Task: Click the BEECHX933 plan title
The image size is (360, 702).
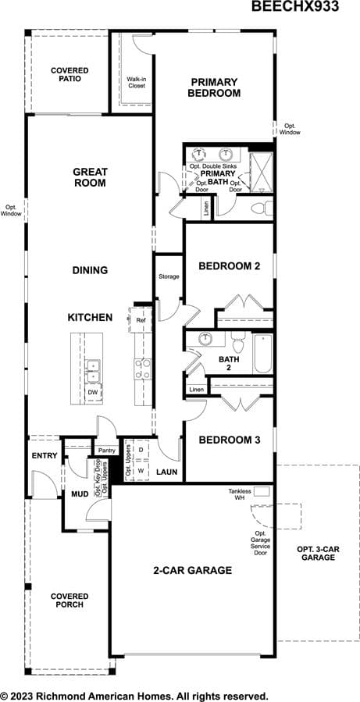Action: coord(294,6)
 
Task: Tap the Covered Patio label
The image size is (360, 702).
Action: coord(70,74)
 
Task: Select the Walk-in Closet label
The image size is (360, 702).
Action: coord(137,82)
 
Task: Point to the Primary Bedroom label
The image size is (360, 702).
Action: coord(214,87)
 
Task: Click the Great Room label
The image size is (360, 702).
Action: coord(90,176)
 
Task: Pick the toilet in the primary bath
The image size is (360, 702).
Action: coord(262,208)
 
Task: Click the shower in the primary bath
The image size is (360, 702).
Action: coord(261,173)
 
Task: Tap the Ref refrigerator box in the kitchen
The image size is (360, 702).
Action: coord(140,320)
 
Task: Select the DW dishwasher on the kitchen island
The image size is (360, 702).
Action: coord(93,392)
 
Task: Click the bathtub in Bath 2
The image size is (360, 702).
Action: coord(262,354)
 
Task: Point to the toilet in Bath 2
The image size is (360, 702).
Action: coord(237,342)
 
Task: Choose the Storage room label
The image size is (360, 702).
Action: coord(169,276)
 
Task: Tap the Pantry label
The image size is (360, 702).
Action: coord(106,451)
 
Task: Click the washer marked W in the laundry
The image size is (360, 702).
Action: coord(141,471)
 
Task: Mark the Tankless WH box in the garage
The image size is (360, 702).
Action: coord(262,492)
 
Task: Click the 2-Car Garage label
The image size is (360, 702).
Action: coord(193,570)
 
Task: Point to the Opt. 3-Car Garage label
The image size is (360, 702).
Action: coord(318,554)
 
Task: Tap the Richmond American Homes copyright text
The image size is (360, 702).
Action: coord(134,697)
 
